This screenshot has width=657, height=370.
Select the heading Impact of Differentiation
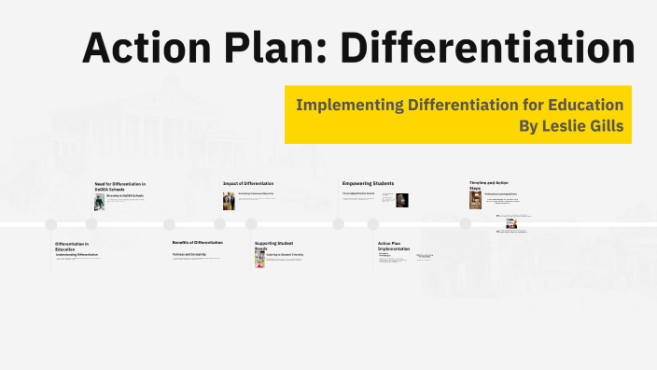(x=248, y=183)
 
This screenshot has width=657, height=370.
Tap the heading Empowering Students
(x=368, y=183)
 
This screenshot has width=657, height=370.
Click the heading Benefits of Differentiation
(x=197, y=242)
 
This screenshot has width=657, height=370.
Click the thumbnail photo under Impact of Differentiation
(x=228, y=201)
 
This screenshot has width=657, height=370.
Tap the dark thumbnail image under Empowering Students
(x=402, y=200)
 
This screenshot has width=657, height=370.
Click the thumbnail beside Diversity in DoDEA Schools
(x=100, y=201)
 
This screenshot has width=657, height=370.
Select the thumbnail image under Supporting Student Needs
(x=259, y=258)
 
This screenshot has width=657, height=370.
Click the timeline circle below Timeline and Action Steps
(x=465, y=223)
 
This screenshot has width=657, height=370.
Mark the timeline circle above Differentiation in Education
(x=51, y=224)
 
